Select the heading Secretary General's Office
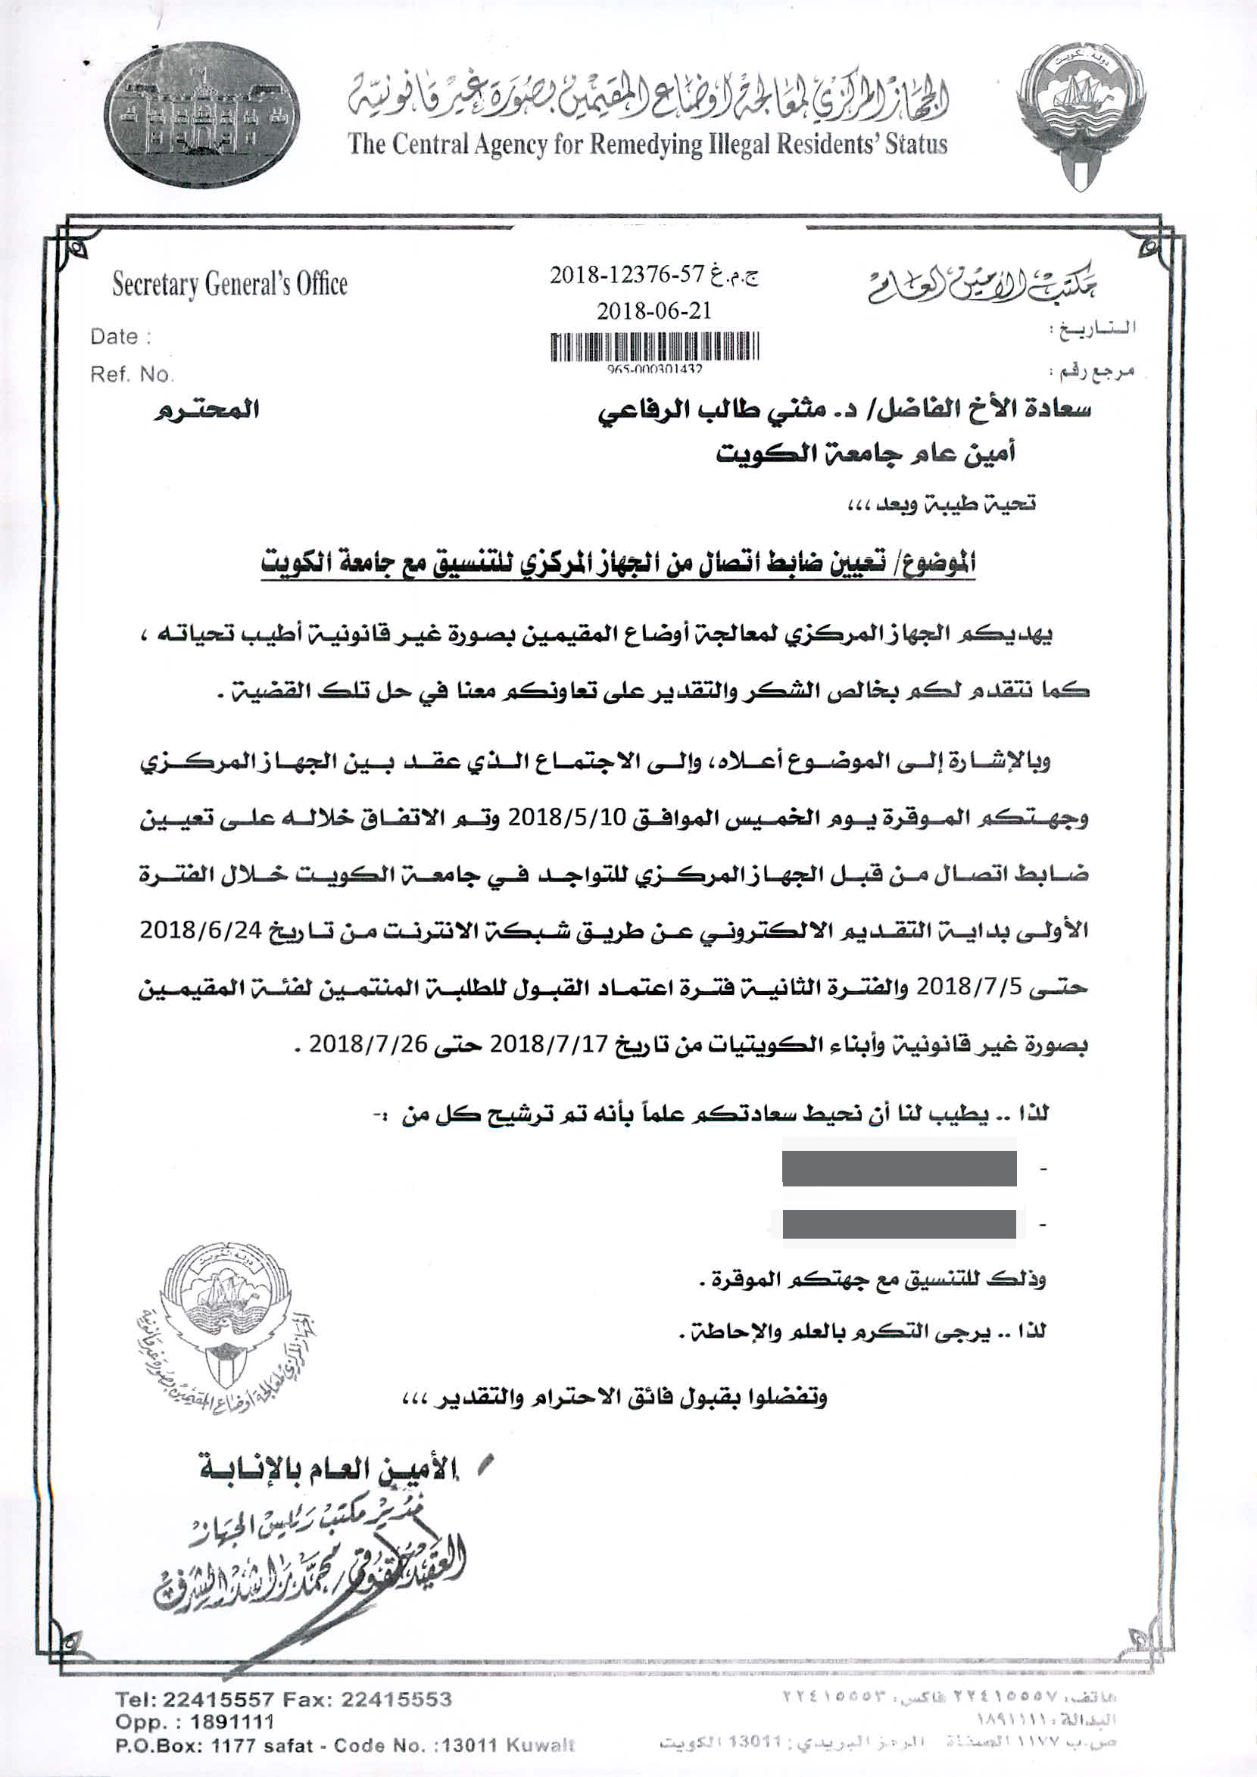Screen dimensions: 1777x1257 [230, 284]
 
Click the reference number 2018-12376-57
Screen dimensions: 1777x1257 [627, 275]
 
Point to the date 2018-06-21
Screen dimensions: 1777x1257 [653, 311]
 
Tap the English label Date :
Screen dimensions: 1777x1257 [120, 337]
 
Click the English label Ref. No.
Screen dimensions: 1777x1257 [132, 375]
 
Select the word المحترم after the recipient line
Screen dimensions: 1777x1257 [206, 410]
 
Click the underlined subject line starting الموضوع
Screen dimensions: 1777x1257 [618, 563]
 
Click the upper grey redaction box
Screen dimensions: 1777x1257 [899, 1168]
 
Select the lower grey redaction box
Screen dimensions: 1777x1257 [899, 1224]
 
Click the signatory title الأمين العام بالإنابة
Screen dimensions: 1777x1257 [329, 1471]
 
